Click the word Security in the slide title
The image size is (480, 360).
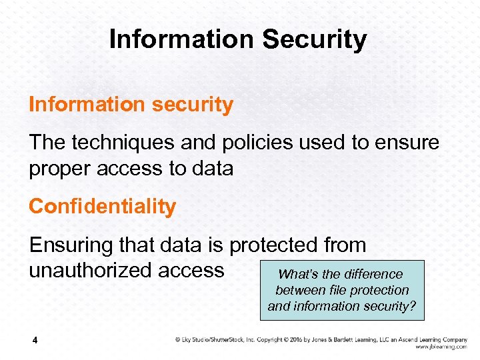[x=315, y=39]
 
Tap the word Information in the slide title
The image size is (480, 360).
[x=182, y=39]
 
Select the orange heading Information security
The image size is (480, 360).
[x=131, y=105]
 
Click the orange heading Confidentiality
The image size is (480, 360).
[x=102, y=207]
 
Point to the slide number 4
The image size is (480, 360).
[x=35, y=341]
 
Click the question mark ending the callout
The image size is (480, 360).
[x=413, y=306]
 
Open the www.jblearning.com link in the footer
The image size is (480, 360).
[x=441, y=347]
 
